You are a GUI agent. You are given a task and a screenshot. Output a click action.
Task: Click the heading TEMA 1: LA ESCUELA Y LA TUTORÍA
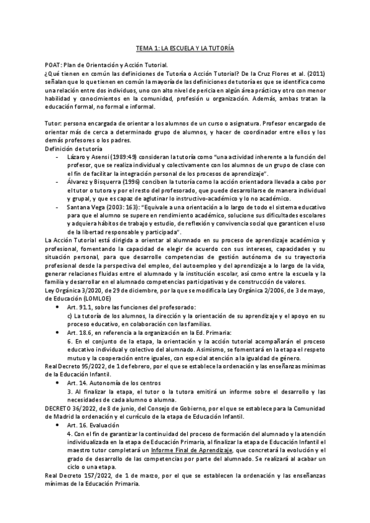(x=185, y=47)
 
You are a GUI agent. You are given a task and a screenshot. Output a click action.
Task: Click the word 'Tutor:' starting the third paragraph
(x=54, y=124)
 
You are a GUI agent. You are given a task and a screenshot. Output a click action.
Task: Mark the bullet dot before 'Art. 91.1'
(x=58, y=307)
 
